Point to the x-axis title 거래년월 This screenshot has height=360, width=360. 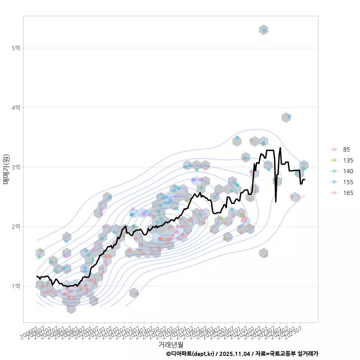[171, 344]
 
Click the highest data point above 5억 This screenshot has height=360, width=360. [264, 30]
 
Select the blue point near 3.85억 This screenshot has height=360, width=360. [289, 117]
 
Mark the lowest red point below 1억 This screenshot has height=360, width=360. [69, 306]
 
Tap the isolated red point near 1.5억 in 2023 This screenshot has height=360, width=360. [265, 256]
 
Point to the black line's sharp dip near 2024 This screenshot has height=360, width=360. [276, 201]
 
